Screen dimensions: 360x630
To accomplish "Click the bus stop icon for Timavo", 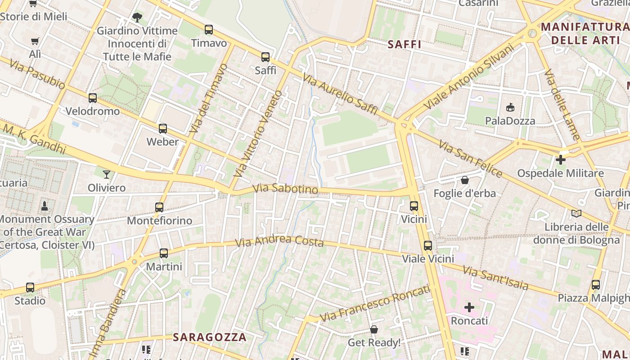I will point(208,30).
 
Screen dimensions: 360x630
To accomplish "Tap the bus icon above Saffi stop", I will point(265,57).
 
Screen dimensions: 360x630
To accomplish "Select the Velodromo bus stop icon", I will point(93,98).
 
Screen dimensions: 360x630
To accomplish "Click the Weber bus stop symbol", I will point(163,129).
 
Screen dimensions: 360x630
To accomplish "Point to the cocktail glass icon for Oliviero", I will point(107,174).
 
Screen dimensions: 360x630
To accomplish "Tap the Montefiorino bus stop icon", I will point(159,207).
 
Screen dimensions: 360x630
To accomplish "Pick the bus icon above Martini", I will point(164,253).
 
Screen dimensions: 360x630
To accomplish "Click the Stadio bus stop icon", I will point(30,287).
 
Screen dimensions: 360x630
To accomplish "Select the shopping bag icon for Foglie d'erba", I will point(464,180).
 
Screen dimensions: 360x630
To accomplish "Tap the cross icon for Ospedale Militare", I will point(560,160).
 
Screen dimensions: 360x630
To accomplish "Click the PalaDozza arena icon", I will point(510,107).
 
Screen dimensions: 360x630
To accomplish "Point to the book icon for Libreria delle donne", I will point(576,213).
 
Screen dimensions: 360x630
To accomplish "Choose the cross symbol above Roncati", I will point(469,307).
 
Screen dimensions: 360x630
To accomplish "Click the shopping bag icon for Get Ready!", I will point(374,329).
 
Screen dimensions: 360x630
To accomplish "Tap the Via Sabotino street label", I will point(285,189).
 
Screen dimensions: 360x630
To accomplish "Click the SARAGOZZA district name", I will point(210,337).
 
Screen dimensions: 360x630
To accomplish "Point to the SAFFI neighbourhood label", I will point(404,45).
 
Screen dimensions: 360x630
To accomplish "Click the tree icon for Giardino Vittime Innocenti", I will point(137,18).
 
